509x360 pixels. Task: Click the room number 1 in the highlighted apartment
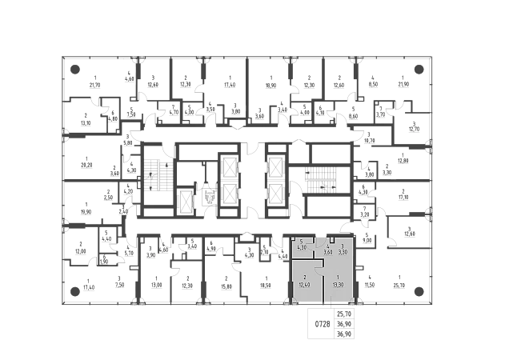(339, 276)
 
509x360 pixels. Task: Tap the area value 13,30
(339, 284)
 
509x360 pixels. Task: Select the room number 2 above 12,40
(305, 276)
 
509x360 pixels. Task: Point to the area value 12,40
(305, 284)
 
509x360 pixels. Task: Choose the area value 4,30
(301, 246)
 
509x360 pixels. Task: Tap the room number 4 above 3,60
(327, 246)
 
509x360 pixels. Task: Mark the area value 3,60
(327, 251)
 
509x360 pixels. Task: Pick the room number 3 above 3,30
(343, 246)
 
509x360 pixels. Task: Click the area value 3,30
(343, 251)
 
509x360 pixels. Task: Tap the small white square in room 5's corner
(294, 238)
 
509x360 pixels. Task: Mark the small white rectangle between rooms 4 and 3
(331, 239)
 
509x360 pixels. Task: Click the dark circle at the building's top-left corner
(76, 68)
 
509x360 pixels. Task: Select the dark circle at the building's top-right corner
(419, 68)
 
